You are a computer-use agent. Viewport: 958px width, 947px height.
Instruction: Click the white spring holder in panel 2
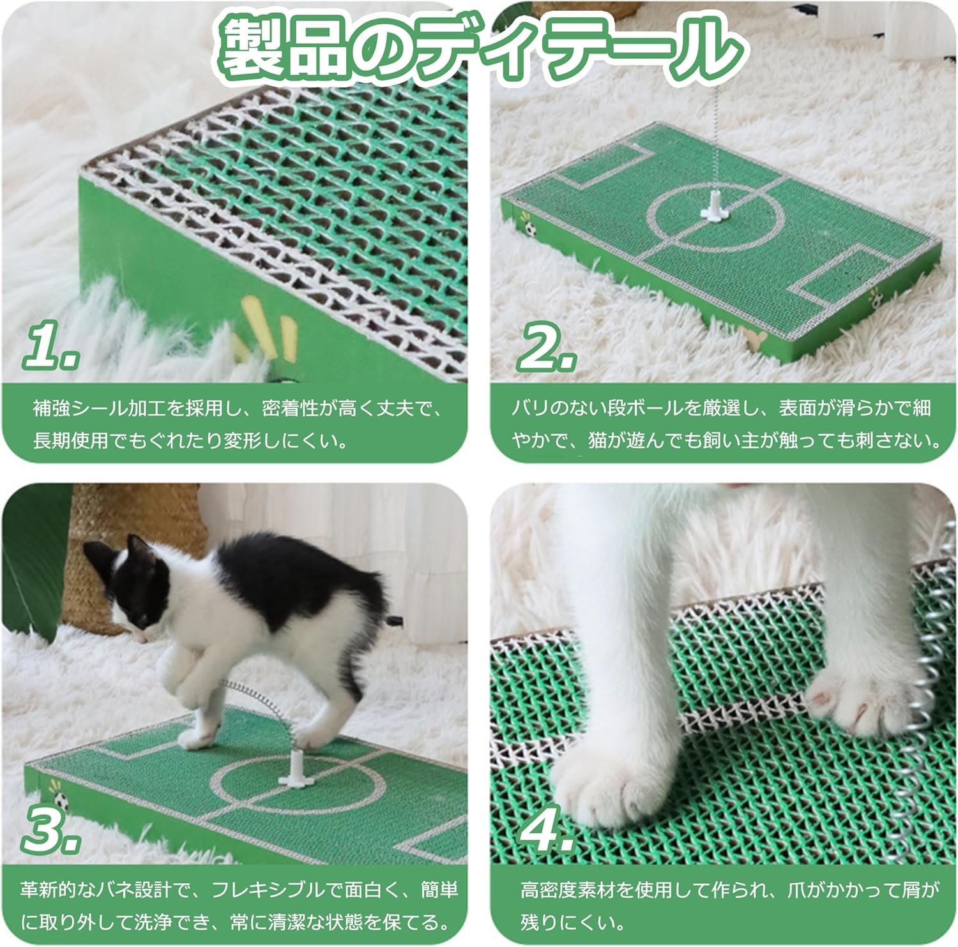(710, 209)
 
